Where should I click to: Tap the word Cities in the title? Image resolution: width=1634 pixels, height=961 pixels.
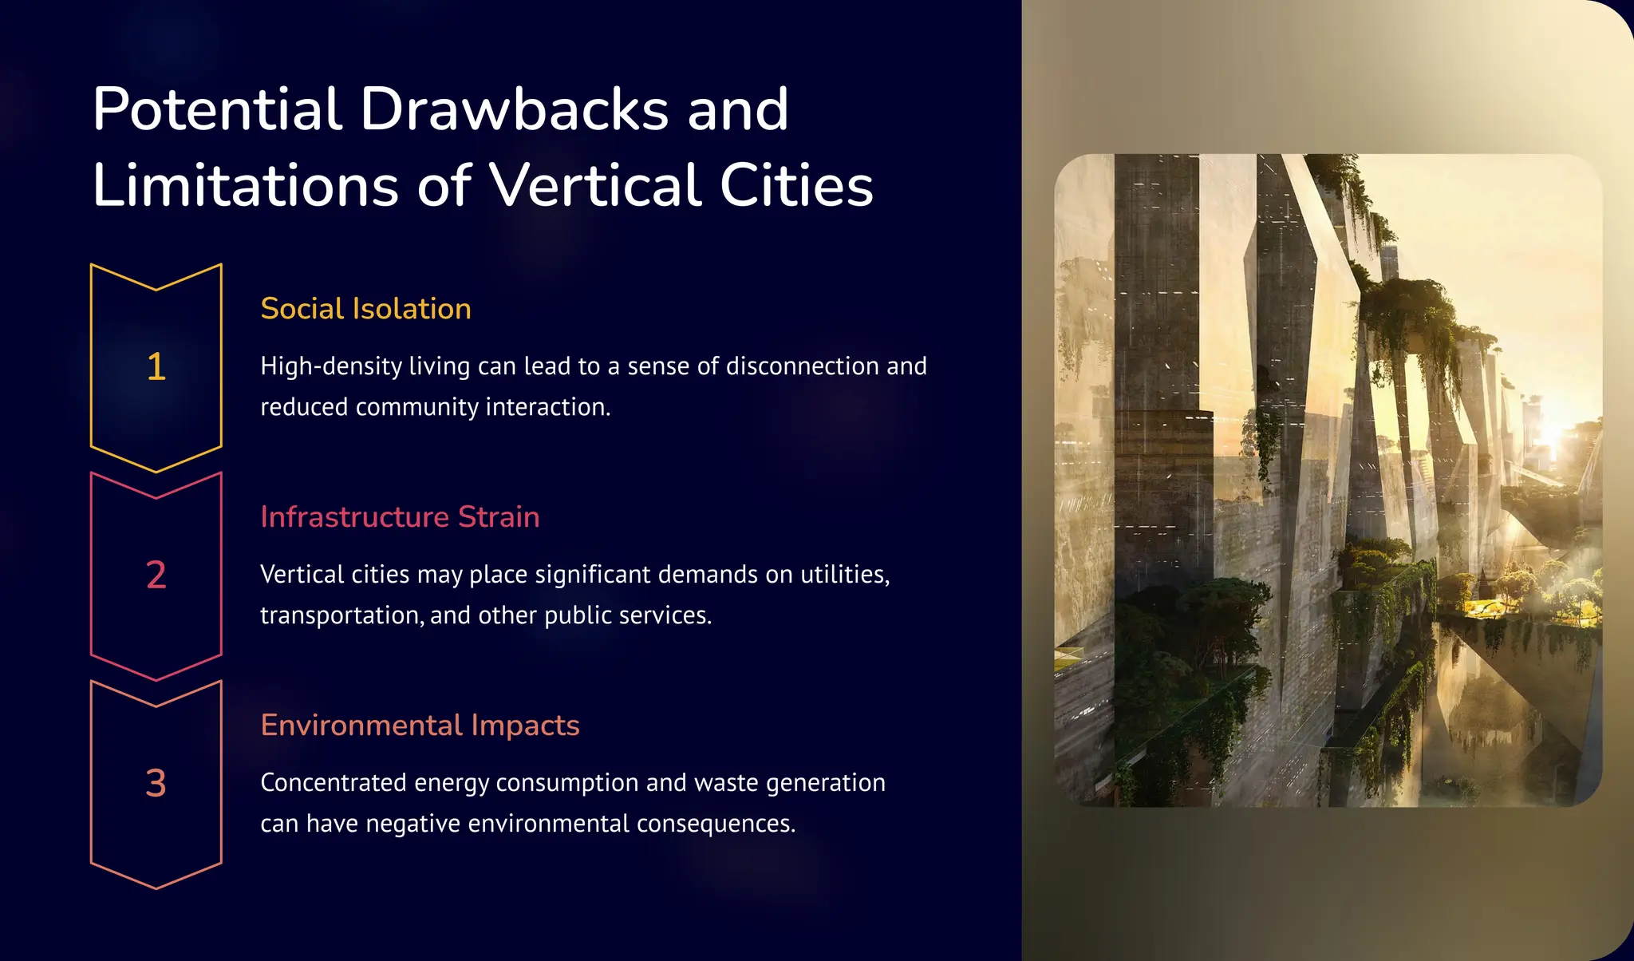pos(796,185)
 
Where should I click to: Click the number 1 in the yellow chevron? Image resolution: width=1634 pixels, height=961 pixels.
pos(156,367)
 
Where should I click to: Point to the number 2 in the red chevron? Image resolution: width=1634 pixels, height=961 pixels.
pos(156,575)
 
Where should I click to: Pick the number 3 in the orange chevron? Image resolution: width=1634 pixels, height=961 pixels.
pos(156,783)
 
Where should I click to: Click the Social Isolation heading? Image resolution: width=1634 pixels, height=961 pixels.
pos(365,309)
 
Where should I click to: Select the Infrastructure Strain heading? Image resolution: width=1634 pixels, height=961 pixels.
pos(400,517)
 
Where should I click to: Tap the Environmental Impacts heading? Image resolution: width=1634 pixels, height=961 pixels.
pos(420,726)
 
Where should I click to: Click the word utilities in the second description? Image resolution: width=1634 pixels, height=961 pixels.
pos(844,575)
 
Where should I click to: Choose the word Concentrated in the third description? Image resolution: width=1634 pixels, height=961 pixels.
pos(333,783)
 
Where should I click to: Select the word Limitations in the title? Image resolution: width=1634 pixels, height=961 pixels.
pos(245,185)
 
